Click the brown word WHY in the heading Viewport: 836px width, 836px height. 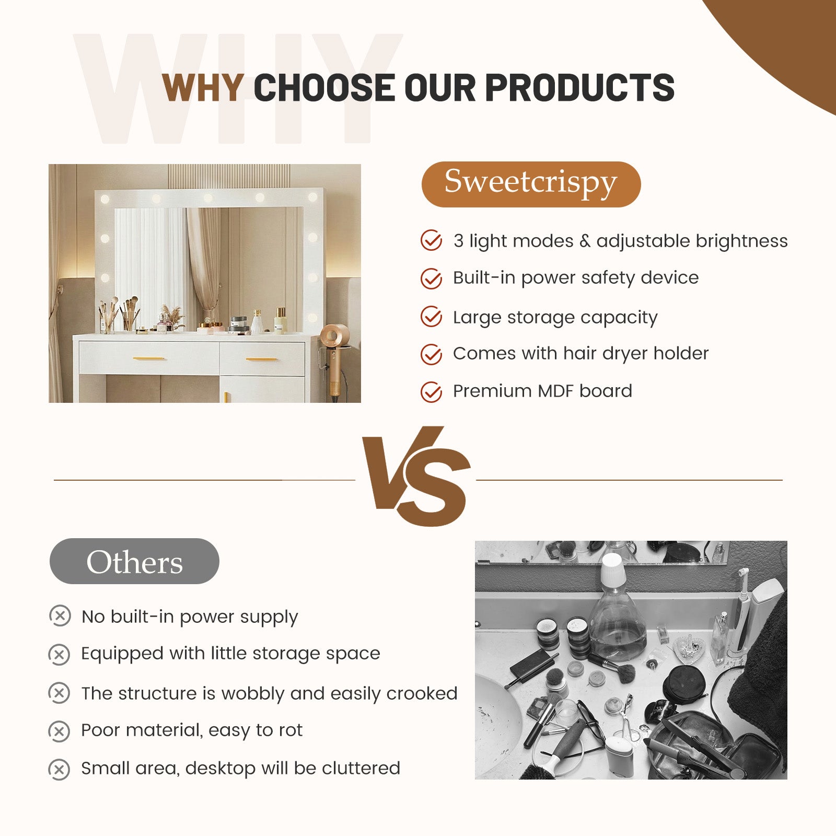coord(203,87)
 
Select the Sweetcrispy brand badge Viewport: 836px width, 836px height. coord(531,184)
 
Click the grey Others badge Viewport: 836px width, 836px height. coord(134,561)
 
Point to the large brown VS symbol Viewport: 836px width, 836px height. coord(416,475)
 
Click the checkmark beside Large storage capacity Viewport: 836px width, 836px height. coord(431,317)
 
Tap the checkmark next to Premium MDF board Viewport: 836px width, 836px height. coord(431,391)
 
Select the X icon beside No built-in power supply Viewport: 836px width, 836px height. coord(60,616)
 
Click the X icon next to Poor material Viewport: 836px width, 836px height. coord(59,731)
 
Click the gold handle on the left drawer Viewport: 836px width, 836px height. coord(149,359)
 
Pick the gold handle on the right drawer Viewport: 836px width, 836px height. coord(261,359)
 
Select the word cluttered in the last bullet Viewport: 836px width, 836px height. coord(361,768)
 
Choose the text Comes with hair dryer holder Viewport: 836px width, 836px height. coord(580,354)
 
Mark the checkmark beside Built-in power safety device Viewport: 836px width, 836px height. coord(431,278)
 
